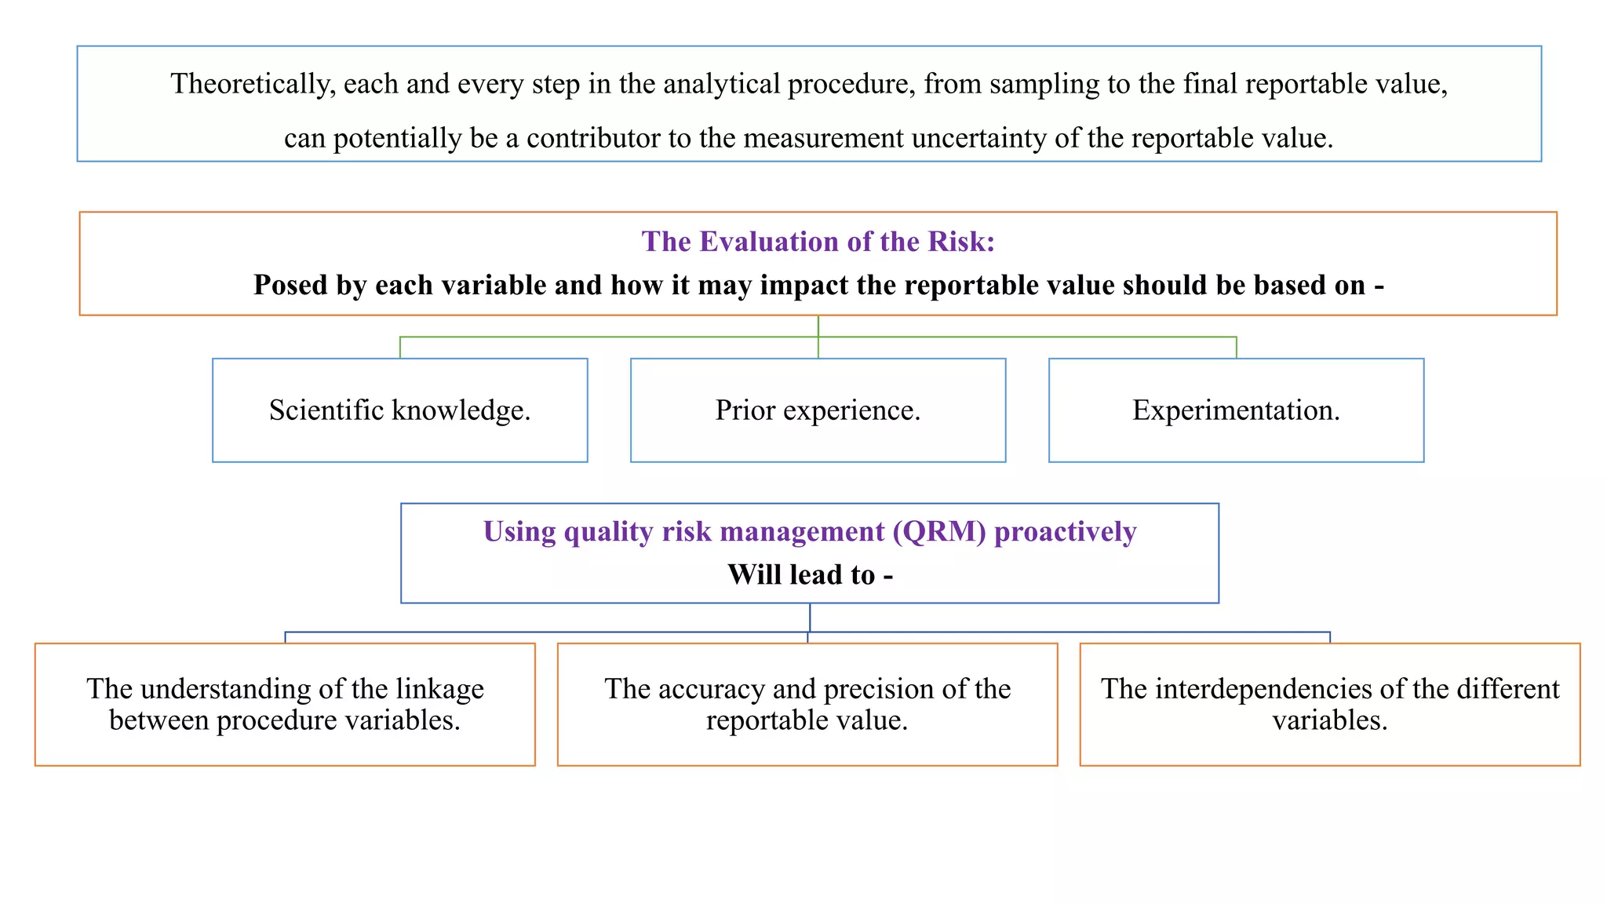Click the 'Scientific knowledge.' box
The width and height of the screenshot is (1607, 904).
pos(399,410)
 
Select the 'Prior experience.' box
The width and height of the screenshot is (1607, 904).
pos(818,410)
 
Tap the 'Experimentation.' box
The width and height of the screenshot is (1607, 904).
pos(1236,410)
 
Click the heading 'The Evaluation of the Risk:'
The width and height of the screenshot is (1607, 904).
pos(818,242)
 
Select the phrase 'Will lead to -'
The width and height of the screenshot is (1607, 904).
pos(810,575)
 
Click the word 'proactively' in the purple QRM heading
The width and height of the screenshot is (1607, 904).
pos(1065,532)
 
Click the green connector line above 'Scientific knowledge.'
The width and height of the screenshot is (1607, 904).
pos(400,347)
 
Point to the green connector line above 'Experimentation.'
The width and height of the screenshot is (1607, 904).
pos(1237,347)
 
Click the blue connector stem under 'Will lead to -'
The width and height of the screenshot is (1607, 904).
pos(810,617)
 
